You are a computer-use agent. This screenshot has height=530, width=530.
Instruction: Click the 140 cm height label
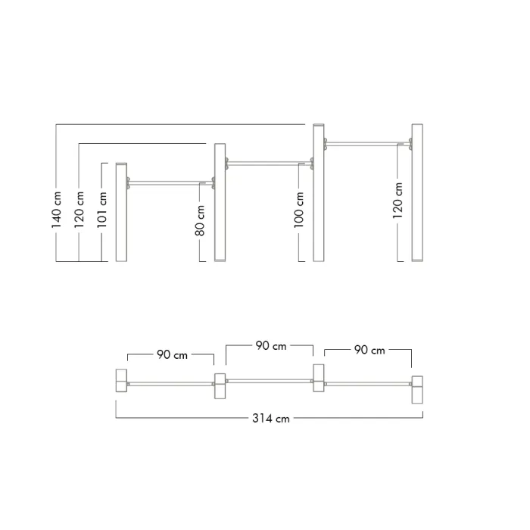coord(57,210)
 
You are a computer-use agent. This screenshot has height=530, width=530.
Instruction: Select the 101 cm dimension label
coord(101,210)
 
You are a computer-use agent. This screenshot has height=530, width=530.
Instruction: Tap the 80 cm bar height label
coord(200,220)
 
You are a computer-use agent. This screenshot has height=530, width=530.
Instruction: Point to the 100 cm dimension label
coord(299,210)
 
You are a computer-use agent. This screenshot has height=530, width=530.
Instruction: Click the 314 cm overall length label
coord(271,419)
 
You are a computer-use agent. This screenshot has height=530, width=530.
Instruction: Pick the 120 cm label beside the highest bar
coord(397,201)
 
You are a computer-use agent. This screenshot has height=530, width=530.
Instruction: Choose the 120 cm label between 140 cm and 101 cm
coord(79,210)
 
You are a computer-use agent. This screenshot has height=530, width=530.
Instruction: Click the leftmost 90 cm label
coord(172,355)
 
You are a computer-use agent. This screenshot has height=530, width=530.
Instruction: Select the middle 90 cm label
coord(271,346)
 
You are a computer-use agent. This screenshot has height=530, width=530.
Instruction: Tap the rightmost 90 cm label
coord(369,350)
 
